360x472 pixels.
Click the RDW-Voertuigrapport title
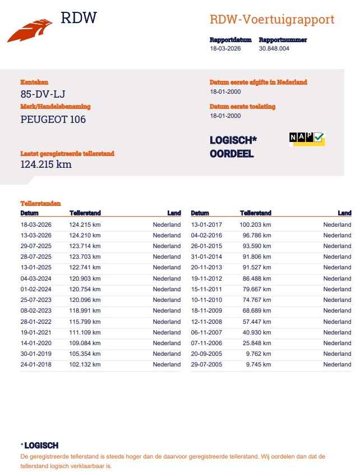coord(271,20)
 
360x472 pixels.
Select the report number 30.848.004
coord(274,49)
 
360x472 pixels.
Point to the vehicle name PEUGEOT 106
coord(53,119)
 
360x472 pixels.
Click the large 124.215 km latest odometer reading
coord(46,164)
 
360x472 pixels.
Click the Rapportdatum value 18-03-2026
coord(225,49)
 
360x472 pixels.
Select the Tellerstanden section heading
coord(40,204)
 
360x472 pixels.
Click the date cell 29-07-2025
coord(36,246)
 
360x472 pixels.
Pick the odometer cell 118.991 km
coord(85,310)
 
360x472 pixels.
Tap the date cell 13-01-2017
coord(206,224)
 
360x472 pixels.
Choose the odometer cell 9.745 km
coord(259,364)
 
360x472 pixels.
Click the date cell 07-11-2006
coord(206,343)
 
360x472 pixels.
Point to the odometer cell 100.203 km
coord(255,224)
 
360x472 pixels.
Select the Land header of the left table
coord(174,213)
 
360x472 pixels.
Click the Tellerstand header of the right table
coord(255,213)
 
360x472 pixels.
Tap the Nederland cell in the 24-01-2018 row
coord(167,364)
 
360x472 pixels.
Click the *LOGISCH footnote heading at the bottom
coord(39,446)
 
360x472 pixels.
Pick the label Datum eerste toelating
coord(242,106)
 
